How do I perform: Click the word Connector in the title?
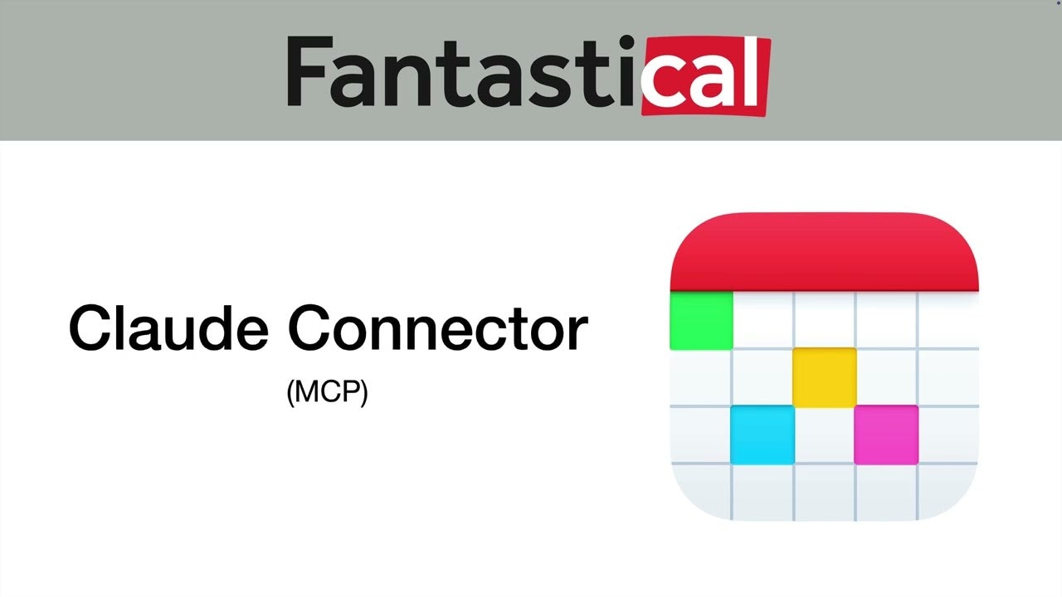coord(437,328)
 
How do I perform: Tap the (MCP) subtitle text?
coord(327,392)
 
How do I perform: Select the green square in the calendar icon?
coord(701,319)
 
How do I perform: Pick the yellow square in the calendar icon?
coord(824,376)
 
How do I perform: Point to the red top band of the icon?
coord(824,253)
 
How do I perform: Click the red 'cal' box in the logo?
coord(706,75)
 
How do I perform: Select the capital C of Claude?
coord(91,328)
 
